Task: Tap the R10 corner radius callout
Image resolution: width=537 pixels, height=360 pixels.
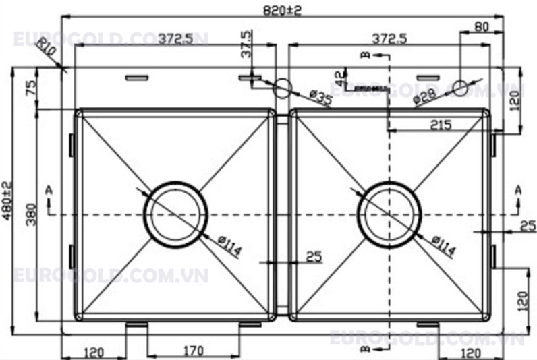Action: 46,49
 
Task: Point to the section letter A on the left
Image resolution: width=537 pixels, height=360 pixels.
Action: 48,191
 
